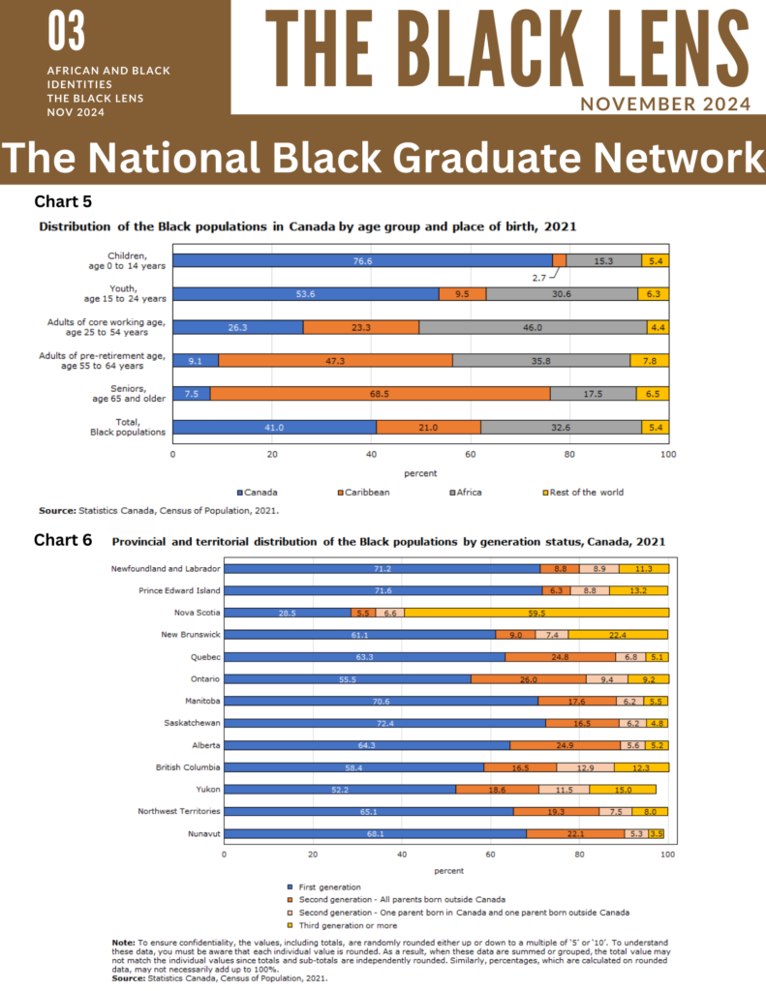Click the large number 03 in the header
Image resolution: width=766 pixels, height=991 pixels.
tap(67, 33)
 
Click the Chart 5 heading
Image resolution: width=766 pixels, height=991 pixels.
tap(63, 202)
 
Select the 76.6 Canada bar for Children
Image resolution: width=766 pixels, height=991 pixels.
tap(362, 260)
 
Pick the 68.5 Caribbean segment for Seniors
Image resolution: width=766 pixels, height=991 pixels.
tap(380, 394)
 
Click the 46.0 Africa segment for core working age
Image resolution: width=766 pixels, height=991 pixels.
tap(533, 327)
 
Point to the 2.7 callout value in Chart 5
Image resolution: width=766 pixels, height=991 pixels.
tap(539, 277)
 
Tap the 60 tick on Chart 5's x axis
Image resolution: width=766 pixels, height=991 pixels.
tap(471, 453)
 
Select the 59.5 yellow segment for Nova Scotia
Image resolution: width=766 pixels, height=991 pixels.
tap(536, 613)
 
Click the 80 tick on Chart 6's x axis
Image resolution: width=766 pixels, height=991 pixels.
tap(579, 854)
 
